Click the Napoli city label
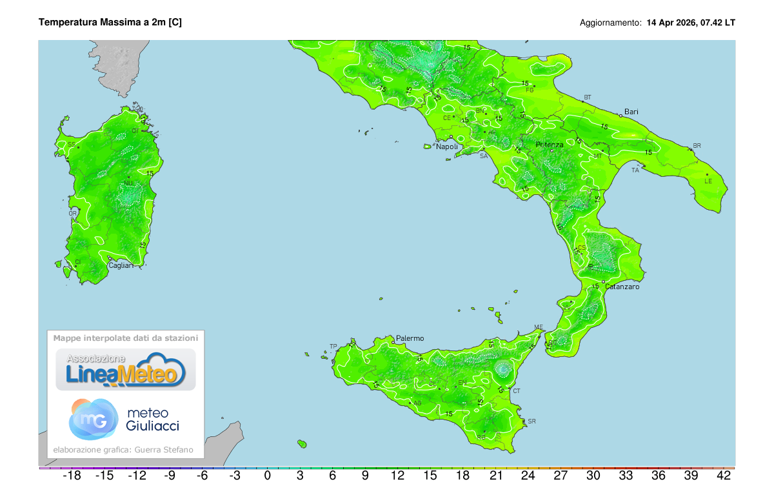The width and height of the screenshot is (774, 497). (447, 147)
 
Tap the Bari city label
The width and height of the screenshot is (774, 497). (631, 112)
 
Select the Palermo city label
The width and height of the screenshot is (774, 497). (410, 338)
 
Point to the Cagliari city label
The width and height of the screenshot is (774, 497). (121, 265)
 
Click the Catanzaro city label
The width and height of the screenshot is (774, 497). (622, 287)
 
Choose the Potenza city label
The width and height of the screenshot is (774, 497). (549, 145)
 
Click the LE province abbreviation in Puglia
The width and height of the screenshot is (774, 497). (708, 181)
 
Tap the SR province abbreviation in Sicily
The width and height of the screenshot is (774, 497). (531, 421)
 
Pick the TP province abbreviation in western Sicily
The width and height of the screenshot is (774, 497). (333, 347)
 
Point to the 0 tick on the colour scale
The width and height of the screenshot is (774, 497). (267, 476)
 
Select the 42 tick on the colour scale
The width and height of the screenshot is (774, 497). (724, 476)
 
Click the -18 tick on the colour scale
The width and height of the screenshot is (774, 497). (71, 476)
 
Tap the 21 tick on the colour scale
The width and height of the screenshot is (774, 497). (495, 476)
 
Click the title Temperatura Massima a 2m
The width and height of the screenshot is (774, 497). (110, 23)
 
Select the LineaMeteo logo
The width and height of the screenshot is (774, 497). (126, 370)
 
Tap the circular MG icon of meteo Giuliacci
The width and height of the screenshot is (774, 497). (94, 419)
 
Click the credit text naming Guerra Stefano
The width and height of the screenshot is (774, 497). (123, 450)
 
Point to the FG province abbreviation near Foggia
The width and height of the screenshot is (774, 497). (530, 90)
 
